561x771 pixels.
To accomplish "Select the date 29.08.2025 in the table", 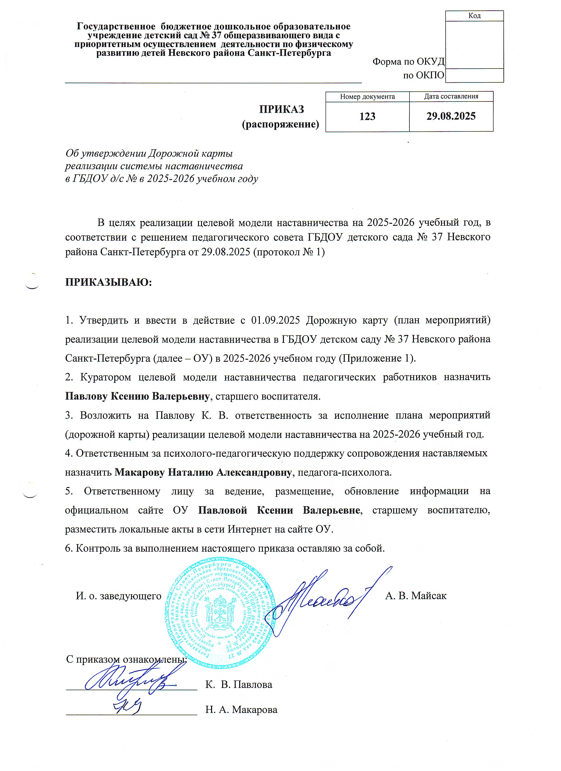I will (451, 116).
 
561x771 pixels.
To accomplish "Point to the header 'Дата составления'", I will (451, 96).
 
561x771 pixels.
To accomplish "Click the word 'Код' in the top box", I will (474, 16).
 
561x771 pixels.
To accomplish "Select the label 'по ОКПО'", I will (423, 75).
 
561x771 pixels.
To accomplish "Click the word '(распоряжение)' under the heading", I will (280, 124).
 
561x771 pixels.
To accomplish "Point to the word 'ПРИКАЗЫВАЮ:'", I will (108, 282).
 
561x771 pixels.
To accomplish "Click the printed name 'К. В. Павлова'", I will (239, 684).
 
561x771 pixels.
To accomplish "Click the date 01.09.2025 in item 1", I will (275, 320).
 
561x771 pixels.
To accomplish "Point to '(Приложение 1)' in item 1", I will (377, 358).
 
